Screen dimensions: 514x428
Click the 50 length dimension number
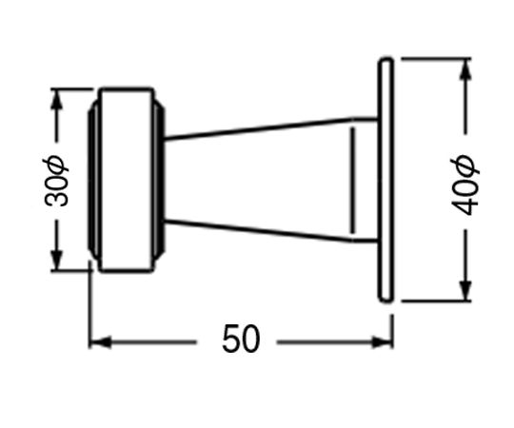click(x=241, y=339)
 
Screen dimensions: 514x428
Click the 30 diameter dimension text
click(x=56, y=181)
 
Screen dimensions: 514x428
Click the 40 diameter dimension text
click(x=465, y=185)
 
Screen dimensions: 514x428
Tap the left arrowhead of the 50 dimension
click(x=100, y=342)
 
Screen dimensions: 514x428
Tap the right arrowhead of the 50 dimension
click(x=382, y=342)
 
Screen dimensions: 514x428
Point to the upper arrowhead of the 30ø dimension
click(x=57, y=99)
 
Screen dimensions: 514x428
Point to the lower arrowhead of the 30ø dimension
click(x=57, y=260)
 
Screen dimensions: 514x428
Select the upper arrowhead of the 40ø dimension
click(x=465, y=68)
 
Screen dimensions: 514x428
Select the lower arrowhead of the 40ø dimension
click(x=465, y=290)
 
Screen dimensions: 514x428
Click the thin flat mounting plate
click(x=385, y=181)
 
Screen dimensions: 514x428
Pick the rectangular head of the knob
click(x=127, y=180)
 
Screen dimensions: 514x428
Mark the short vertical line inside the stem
click(x=353, y=181)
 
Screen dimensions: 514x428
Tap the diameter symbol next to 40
click(x=465, y=166)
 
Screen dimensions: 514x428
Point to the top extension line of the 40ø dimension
click(x=436, y=59)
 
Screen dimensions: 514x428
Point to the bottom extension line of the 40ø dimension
click(x=436, y=300)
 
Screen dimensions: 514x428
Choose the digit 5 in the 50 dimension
click(x=231, y=339)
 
